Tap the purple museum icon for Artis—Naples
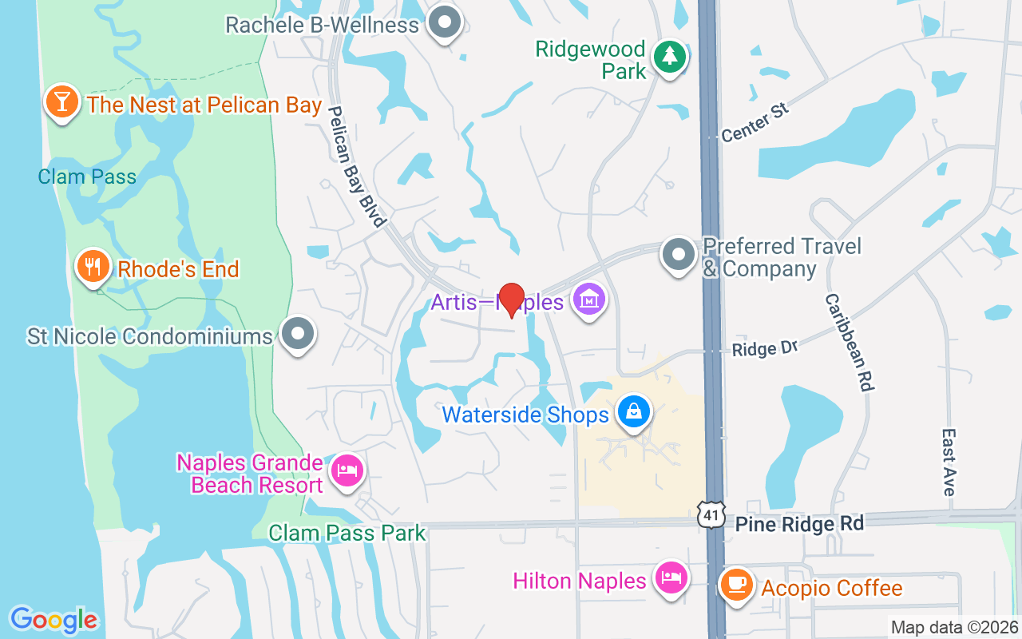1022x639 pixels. pyautogui.click(x=590, y=300)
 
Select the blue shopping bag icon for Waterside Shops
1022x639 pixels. pyautogui.click(x=633, y=413)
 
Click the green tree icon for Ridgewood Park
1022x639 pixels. pyautogui.click(x=669, y=57)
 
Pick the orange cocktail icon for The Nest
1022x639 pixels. pyautogui.click(x=61, y=101)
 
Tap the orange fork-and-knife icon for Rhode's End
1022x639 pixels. pyautogui.click(x=93, y=266)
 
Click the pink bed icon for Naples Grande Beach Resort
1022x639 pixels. pyautogui.click(x=346, y=470)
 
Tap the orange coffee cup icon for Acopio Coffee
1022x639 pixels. pyautogui.click(x=736, y=585)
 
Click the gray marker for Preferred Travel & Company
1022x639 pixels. pyautogui.click(x=679, y=254)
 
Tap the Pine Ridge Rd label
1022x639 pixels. pyautogui.click(x=799, y=524)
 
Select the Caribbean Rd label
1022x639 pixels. pyautogui.click(x=850, y=342)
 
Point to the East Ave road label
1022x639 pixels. pyautogui.click(x=949, y=462)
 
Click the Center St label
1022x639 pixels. pyautogui.click(x=755, y=122)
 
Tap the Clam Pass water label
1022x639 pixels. pyautogui.click(x=87, y=177)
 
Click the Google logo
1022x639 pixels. pyautogui.click(x=54, y=620)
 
